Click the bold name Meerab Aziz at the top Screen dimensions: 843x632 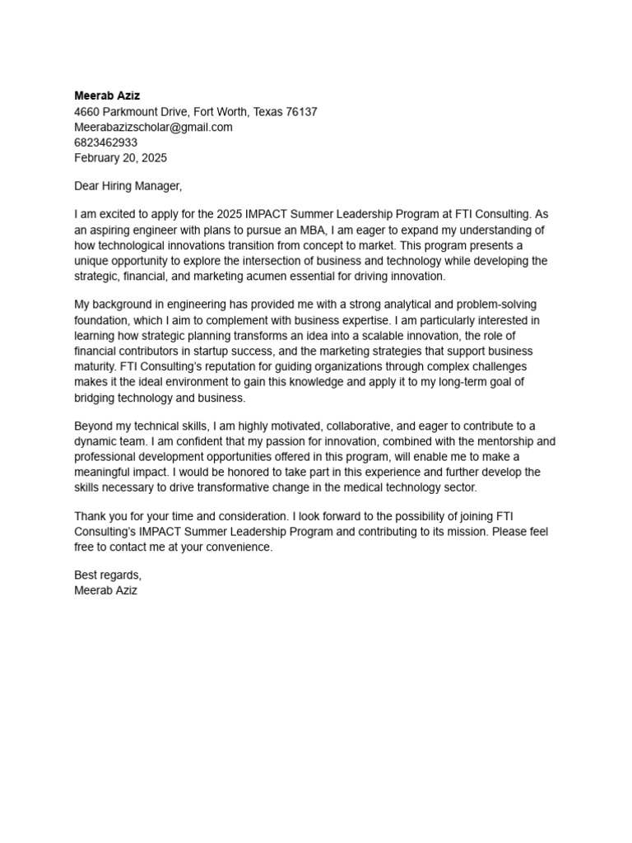(107, 95)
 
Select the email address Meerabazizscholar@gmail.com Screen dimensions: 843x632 (153, 127)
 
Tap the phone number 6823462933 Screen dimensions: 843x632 (106, 142)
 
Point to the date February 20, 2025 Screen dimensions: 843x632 (120, 158)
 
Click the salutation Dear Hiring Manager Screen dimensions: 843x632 (128, 186)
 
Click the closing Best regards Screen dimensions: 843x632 (108, 575)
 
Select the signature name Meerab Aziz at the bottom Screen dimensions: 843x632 (106, 590)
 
